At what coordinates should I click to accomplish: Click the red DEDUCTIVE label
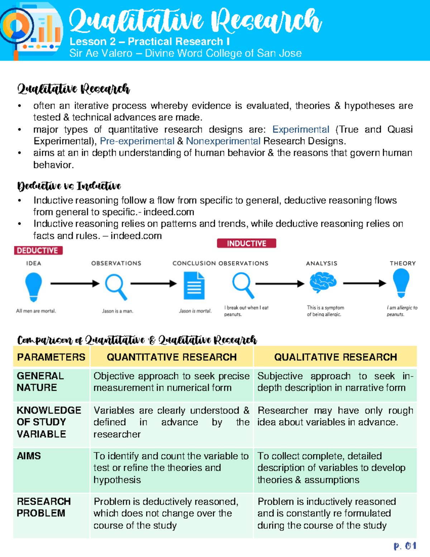tap(38, 250)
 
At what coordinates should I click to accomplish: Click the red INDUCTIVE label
tap(247, 244)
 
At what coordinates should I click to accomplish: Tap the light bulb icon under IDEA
tap(34, 286)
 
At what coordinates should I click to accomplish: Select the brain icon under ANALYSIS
tap(323, 282)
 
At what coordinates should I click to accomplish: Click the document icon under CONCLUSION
tap(194, 285)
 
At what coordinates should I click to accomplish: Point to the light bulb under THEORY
tap(401, 283)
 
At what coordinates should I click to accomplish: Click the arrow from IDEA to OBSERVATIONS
tap(75, 284)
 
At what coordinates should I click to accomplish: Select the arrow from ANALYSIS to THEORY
tap(364, 283)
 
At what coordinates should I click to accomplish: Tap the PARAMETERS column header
tap(51, 357)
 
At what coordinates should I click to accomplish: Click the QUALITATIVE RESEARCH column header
tap(335, 357)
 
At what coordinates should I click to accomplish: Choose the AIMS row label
tap(29, 456)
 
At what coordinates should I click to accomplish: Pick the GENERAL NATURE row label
tap(40, 382)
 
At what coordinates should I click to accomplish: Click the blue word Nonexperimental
tap(223, 141)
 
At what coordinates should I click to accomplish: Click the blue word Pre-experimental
tap(137, 141)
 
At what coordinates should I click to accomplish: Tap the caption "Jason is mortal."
tap(195, 311)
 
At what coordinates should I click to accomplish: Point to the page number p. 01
tap(405, 546)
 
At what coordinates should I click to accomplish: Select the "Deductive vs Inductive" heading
tap(69, 186)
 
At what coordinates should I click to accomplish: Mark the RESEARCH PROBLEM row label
tap(44, 507)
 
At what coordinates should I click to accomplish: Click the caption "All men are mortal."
tap(36, 311)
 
